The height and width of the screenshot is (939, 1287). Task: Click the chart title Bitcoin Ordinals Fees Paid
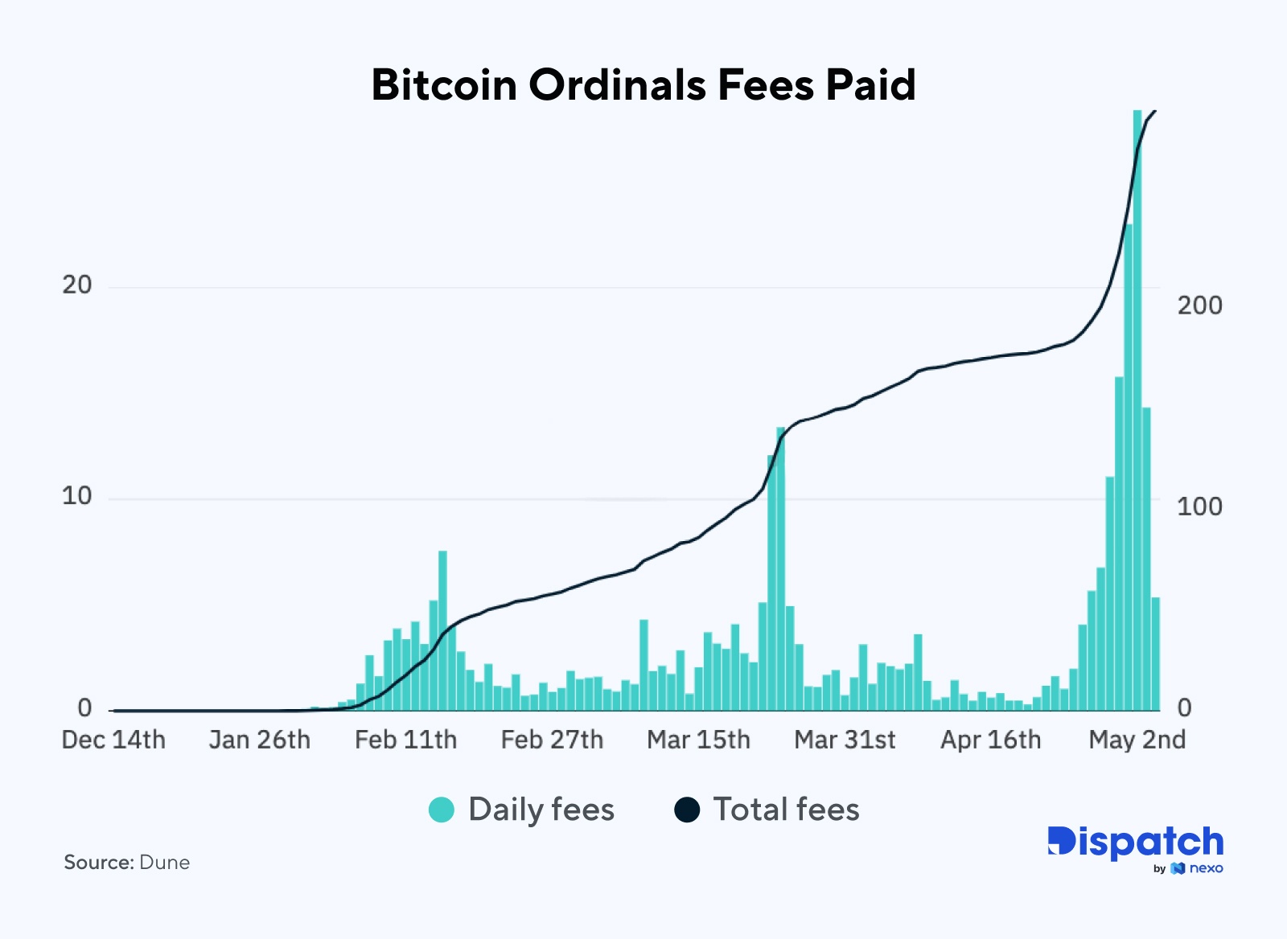[643, 84]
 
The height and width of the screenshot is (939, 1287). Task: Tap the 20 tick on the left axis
[77, 285]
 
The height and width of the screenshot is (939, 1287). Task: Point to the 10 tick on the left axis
[77, 496]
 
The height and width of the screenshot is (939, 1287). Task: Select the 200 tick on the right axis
[1199, 305]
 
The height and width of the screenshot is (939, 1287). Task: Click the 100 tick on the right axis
[1199, 506]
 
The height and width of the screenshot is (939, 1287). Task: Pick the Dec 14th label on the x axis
[113, 740]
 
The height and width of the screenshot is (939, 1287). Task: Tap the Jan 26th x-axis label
[259, 740]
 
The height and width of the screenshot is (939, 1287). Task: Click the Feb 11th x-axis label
[405, 740]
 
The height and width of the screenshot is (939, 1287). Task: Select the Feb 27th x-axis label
[552, 740]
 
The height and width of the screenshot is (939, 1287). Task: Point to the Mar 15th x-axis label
[698, 740]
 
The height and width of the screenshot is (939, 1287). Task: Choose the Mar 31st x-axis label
[845, 740]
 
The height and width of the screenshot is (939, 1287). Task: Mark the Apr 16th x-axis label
[990, 740]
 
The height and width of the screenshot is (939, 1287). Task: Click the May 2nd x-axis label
[1137, 740]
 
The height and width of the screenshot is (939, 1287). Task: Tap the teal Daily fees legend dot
[442, 810]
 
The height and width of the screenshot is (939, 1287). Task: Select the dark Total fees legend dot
[687, 810]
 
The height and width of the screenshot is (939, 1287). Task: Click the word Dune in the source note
[164, 863]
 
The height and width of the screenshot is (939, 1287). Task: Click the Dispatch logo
[1135, 843]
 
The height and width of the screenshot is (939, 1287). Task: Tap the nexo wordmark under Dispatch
[1206, 868]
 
